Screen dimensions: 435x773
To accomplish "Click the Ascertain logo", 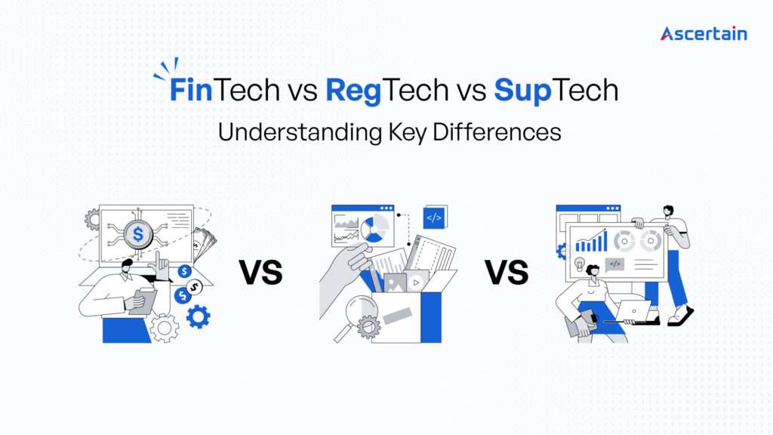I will pyautogui.click(x=704, y=33).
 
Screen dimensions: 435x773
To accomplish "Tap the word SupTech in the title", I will pyautogui.click(x=556, y=91).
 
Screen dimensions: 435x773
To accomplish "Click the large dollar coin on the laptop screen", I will pyautogui.click(x=137, y=234).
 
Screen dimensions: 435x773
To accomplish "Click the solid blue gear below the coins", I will pyautogui.click(x=198, y=316).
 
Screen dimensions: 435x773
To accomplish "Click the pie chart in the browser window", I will pyautogui.click(x=375, y=227).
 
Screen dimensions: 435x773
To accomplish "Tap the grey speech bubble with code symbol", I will pyautogui.click(x=615, y=264).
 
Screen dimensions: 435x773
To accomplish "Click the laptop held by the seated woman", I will pyautogui.click(x=632, y=310).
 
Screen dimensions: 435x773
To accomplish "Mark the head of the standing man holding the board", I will pyautogui.click(x=667, y=211).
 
